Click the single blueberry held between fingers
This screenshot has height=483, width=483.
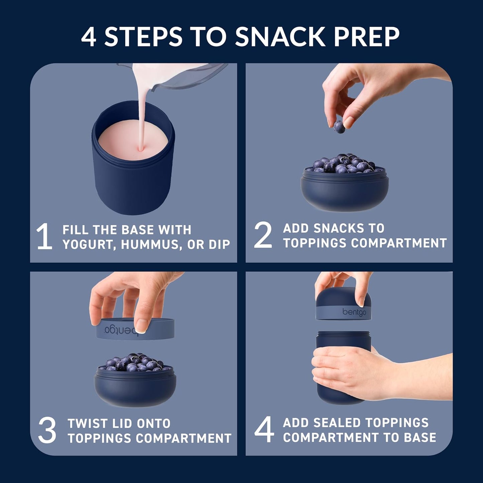(x=339, y=127)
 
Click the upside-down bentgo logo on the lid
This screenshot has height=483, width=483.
(x=123, y=330)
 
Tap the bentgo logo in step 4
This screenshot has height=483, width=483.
(x=354, y=312)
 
